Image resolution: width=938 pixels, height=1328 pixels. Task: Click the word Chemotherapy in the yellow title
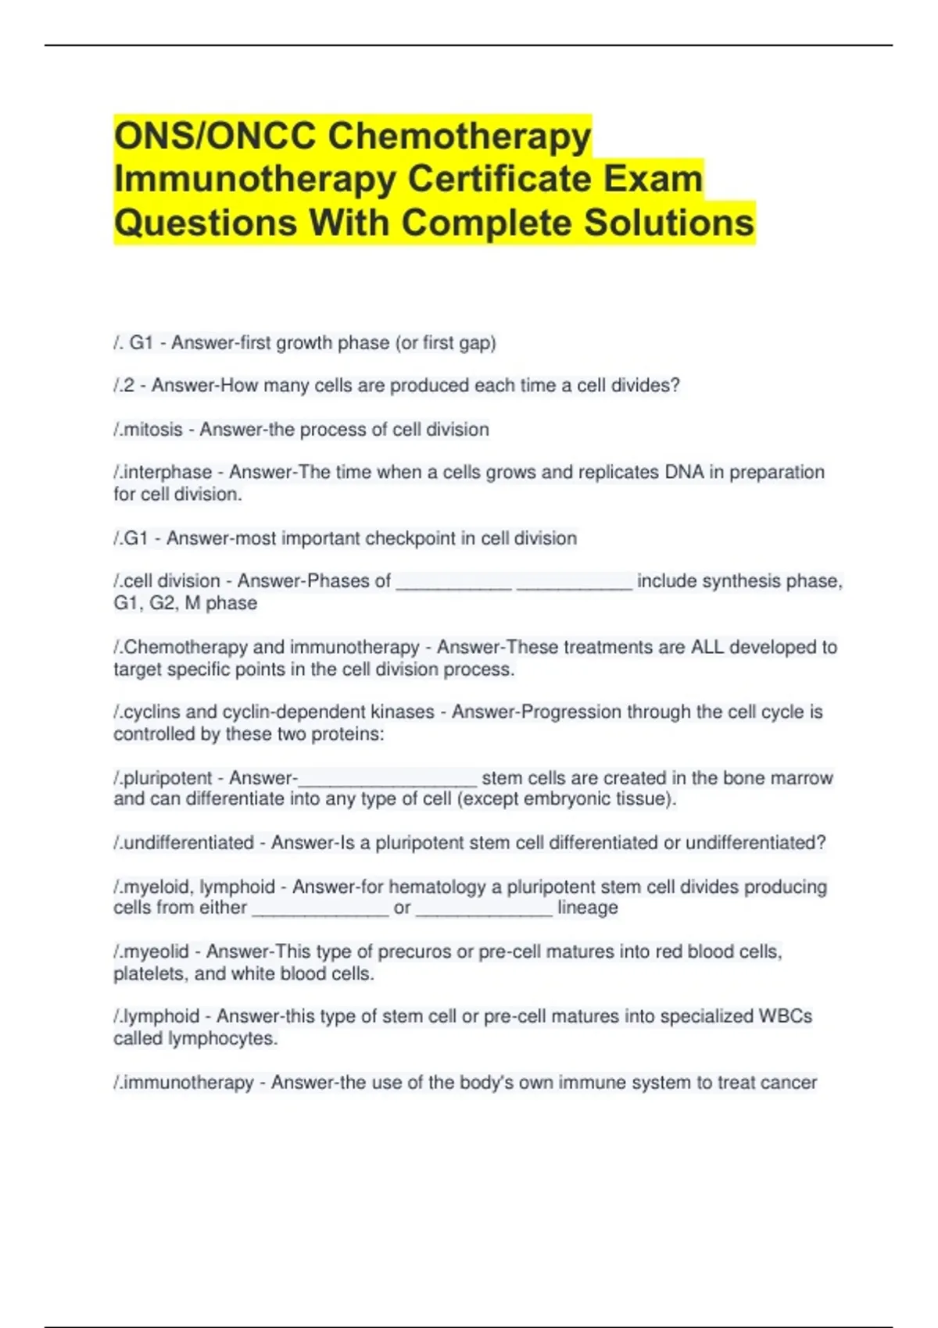(459, 137)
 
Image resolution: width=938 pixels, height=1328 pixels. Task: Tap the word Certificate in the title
(498, 179)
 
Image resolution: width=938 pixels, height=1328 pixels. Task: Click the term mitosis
(152, 430)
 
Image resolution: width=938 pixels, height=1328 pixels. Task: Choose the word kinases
(398, 712)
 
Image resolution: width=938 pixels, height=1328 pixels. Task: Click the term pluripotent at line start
(167, 778)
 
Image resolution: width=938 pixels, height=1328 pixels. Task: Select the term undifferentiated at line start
(188, 843)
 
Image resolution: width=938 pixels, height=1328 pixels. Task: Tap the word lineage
(587, 908)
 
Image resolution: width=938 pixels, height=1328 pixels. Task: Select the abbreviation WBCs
(785, 1016)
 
